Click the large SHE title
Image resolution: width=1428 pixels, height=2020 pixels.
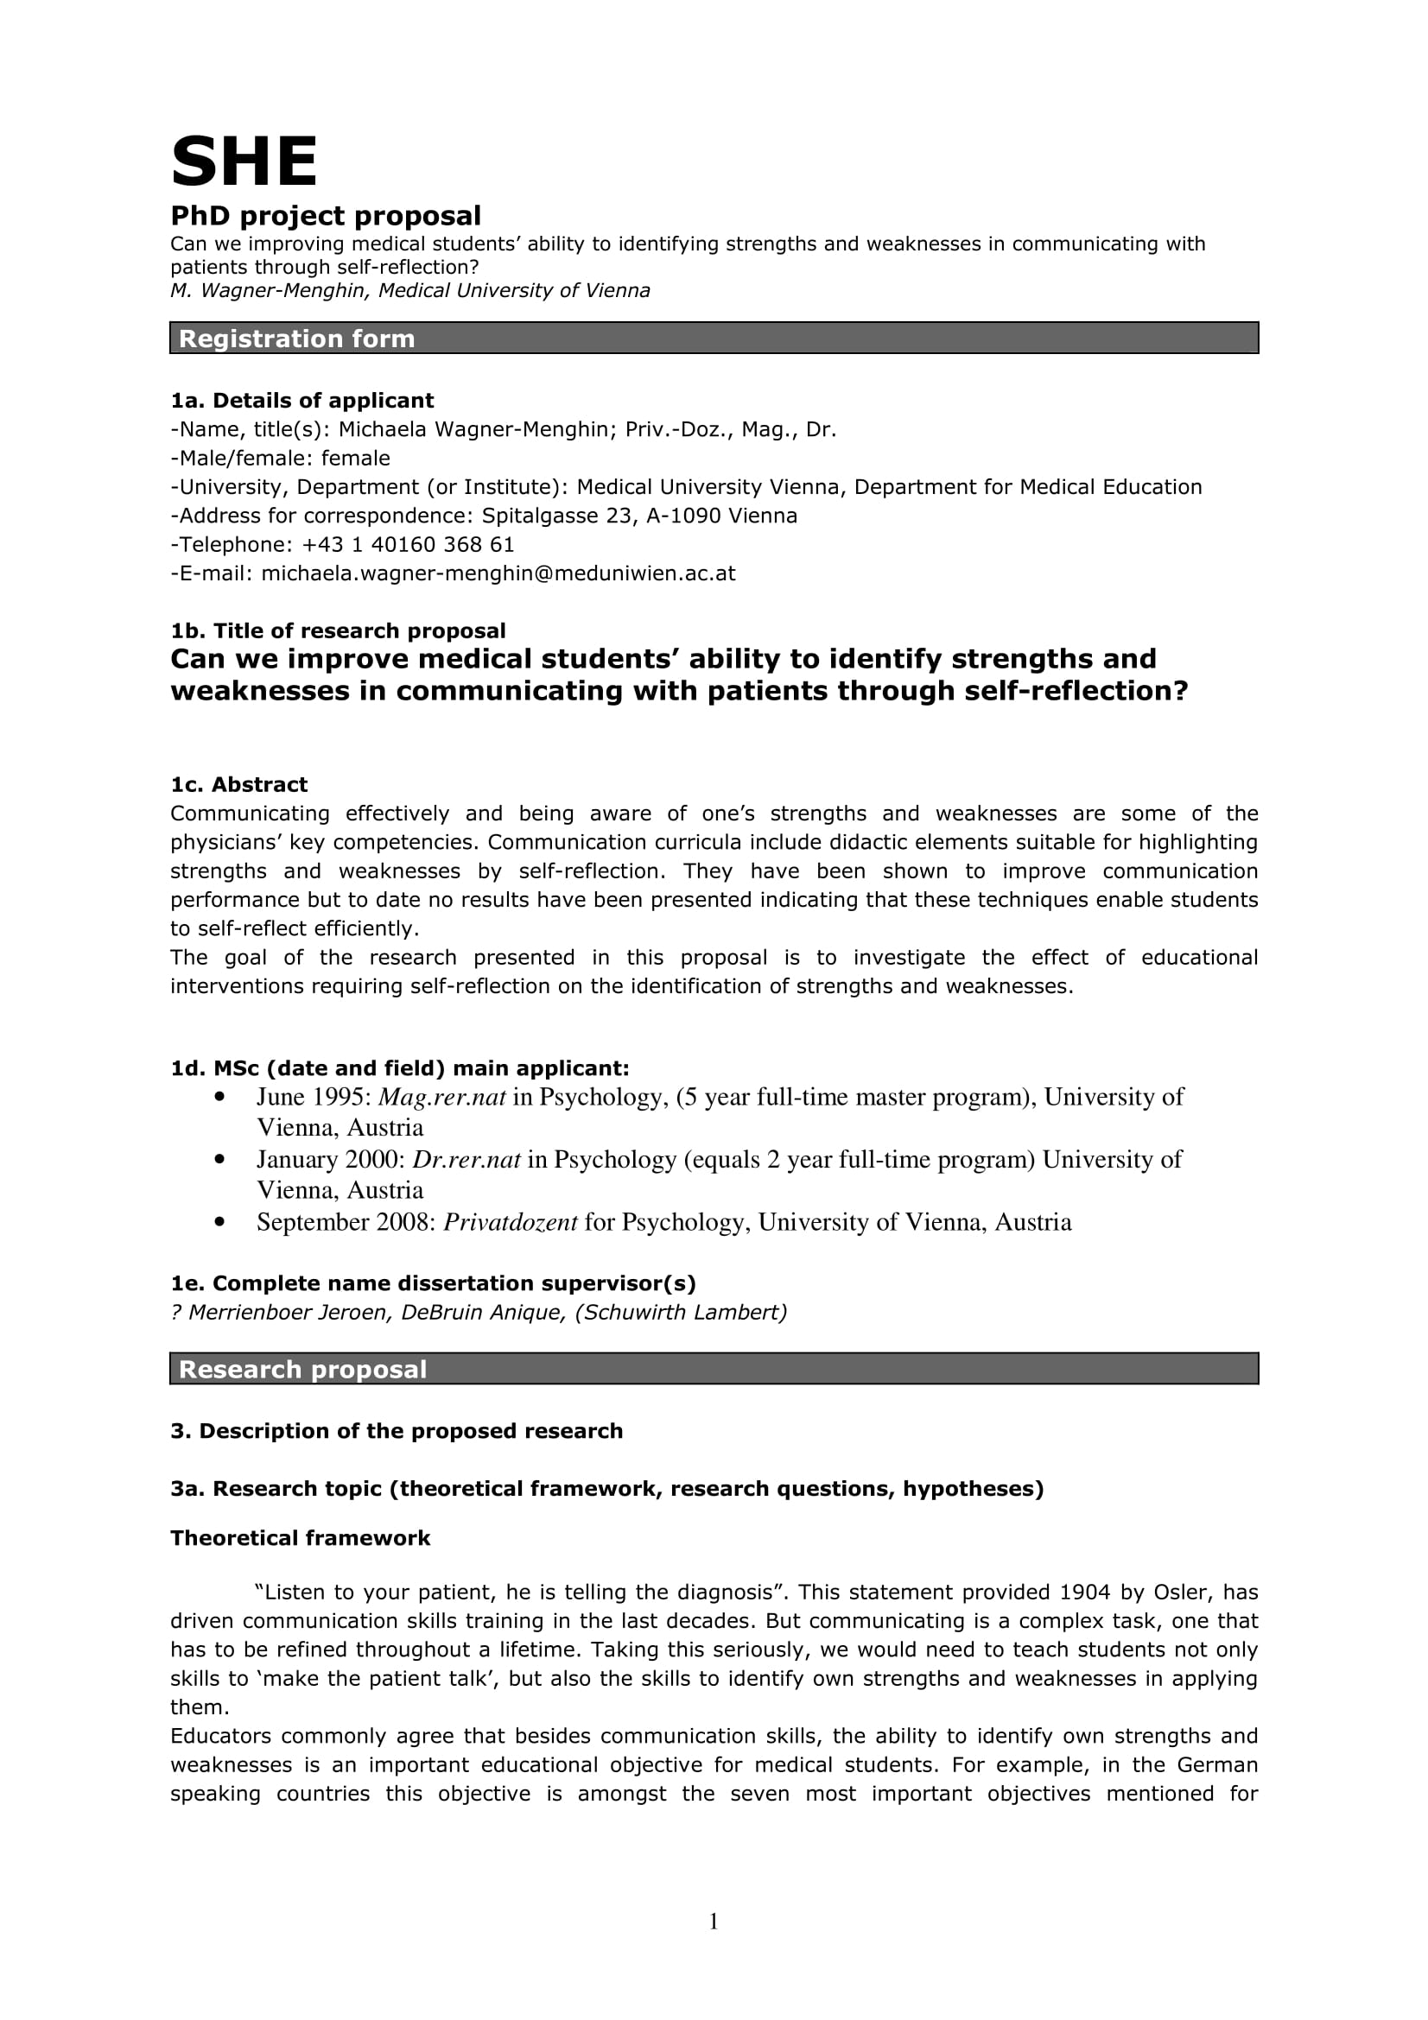[244, 161]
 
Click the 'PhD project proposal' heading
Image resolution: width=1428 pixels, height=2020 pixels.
[326, 216]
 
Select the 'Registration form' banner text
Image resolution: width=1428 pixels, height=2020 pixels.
[296, 339]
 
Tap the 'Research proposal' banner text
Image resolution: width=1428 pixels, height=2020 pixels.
[302, 1369]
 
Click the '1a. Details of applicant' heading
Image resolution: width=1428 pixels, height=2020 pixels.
[301, 401]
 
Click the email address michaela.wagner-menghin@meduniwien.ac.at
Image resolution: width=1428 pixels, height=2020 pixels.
[498, 573]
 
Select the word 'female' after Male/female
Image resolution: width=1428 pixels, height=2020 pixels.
[355, 459]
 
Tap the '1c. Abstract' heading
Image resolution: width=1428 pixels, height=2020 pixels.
[238, 784]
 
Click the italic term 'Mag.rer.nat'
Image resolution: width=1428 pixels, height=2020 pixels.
[441, 1097]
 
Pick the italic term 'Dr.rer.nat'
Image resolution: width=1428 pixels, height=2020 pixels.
[466, 1160]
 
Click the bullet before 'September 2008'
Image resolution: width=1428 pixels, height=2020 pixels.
[220, 1222]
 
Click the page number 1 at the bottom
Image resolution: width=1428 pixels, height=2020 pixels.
[714, 1922]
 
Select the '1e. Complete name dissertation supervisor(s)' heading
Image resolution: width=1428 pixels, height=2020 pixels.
[433, 1282]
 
